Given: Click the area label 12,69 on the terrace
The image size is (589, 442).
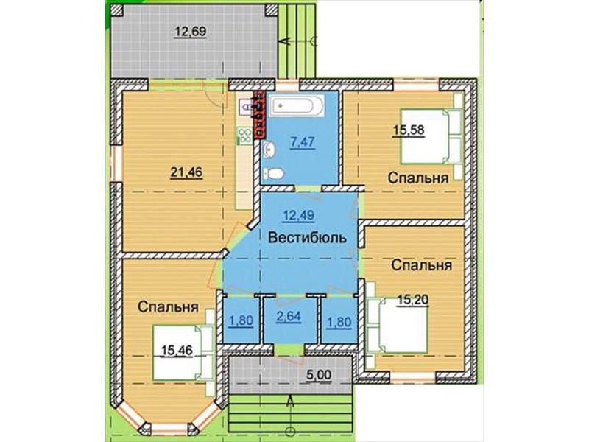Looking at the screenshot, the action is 191,32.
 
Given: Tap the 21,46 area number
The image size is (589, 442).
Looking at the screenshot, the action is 186,172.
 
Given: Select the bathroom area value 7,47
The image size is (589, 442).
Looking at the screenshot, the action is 303,142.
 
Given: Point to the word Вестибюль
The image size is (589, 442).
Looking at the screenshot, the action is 308,238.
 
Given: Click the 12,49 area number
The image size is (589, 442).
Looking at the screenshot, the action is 299,215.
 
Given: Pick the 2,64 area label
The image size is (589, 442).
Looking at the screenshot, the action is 289,317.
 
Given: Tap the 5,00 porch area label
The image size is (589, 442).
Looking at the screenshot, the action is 319,375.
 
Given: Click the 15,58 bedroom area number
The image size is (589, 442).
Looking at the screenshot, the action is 409,130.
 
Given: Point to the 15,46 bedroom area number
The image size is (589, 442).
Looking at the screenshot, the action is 177,351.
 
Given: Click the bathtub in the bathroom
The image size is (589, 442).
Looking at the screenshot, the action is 297,105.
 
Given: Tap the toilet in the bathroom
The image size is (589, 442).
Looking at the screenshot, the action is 274,174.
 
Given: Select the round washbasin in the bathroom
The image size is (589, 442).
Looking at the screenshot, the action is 269,150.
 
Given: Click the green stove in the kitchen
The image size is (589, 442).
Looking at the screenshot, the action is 244,136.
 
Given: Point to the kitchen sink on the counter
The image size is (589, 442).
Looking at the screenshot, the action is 247,106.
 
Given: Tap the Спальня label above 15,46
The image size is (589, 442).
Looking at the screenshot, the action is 168,306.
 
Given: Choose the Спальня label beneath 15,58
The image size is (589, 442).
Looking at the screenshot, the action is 418,178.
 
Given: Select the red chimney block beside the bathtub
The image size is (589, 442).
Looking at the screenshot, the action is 259,114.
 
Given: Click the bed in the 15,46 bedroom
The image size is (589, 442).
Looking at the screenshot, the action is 183,353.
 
